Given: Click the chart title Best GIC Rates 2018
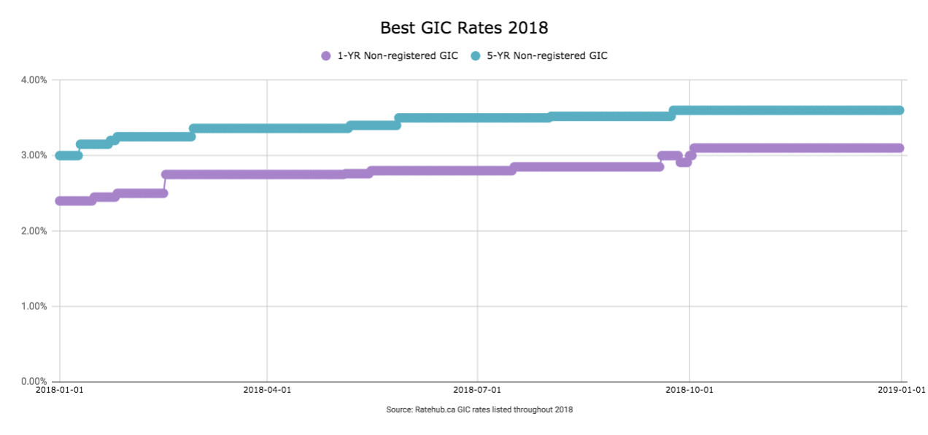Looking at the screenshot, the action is pyautogui.click(x=464, y=28).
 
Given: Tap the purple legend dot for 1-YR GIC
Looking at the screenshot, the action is pyautogui.click(x=326, y=56).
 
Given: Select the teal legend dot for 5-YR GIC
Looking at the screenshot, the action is pyautogui.click(x=476, y=56).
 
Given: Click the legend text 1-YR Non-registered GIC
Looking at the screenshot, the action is pyautogui.click(x=398, y=56).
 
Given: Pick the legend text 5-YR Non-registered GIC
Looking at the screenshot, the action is pyautogui.click(x=547, y=56).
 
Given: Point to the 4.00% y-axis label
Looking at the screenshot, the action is pyautogui.click(x=34, y=80).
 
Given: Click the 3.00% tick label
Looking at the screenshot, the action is pyautogui.click(x=34, y=156).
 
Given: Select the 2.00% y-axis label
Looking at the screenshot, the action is pyautogui.click(x=34, y=231).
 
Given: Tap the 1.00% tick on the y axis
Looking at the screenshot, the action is pyautogui.click(x=34, y=306).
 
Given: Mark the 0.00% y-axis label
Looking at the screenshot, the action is pyautogui.click(x=34, y=381).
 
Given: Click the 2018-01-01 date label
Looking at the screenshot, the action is pyautogui.click(x=60, y=390).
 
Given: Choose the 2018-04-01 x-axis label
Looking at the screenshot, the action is pyautogui.click(x=267, y=390).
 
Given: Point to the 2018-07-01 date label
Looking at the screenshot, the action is pyautogui.click(x=477, y=390).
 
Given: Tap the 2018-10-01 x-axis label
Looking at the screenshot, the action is pyautogui.click(x=689, y=390).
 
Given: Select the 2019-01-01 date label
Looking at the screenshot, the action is pyautogui.click(x=902, y=390).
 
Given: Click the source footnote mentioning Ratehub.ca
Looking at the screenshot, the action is pyautogui.click(x=479, y=409).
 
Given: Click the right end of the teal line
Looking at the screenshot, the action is pyautogui.click(x=900, y=111).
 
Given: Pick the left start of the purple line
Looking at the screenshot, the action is pyautogui.click(x=60, y=201).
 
